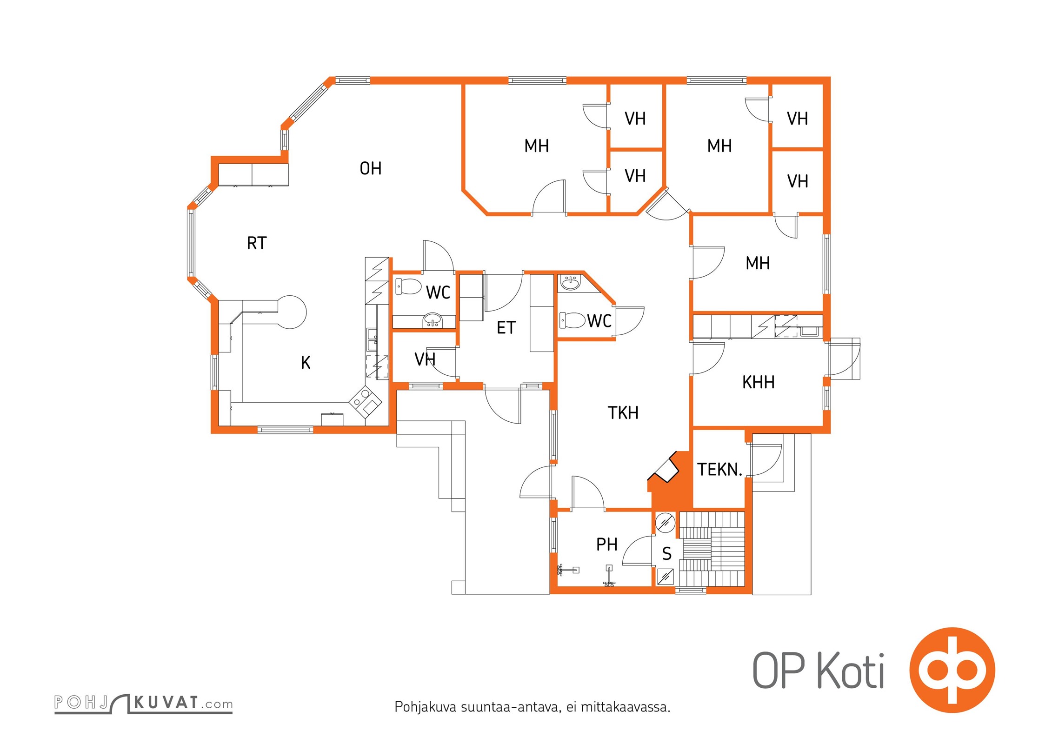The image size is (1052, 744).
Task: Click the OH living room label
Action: click(x=371, y=168)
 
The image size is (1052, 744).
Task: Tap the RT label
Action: click(x=257, y=243)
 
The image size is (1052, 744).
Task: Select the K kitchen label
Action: click(x=306, y=363)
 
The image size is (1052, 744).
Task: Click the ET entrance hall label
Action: click(x=506, y=328)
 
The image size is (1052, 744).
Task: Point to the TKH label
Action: click(x=623, y=413)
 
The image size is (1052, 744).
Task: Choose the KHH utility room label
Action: click(x=759, y=383)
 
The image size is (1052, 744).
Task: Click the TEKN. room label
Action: click(x=719, y=470)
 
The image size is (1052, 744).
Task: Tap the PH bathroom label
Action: click(x=607, y=545)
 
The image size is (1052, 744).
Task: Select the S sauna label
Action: click(x=667, y=554)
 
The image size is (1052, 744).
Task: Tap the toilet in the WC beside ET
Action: click(x=408, y=286)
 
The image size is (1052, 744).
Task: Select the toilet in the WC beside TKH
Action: click(x=572, y=320)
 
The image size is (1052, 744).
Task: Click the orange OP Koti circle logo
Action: click(x=952, y=670)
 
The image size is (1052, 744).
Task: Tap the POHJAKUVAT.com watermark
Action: click(x=143, y=703)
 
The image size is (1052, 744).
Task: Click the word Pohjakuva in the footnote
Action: click(x=426, y=707)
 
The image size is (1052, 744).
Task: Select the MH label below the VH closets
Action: click(x=758, y=264)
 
